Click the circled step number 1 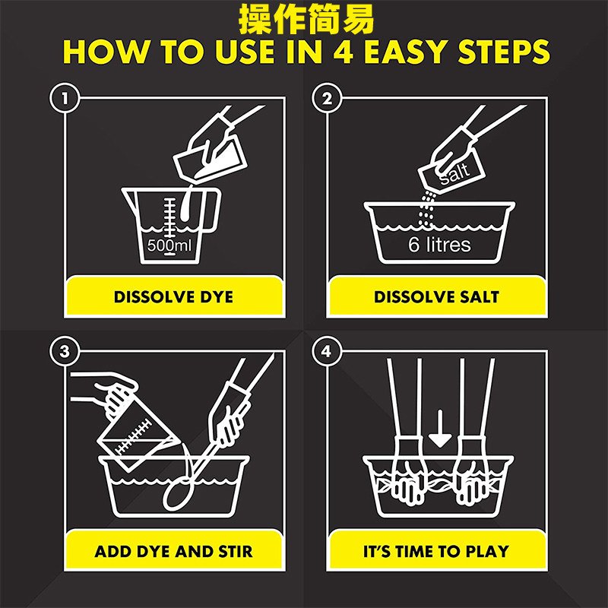[65, 98]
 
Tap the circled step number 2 [327, 98]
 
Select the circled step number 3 [65, 351]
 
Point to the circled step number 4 [327, 351]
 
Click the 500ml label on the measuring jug [169, 245]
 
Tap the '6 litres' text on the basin [439, 245]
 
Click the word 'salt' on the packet [454, 173]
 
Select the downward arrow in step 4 [440, 429]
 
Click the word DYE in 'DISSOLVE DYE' [217, 297]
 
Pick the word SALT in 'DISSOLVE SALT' [480, 297]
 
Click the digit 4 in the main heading [344, 51]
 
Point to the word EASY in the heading [406, 51]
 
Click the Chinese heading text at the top [306, 18]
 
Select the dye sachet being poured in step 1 [210, 157]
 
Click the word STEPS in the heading [504, 51]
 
